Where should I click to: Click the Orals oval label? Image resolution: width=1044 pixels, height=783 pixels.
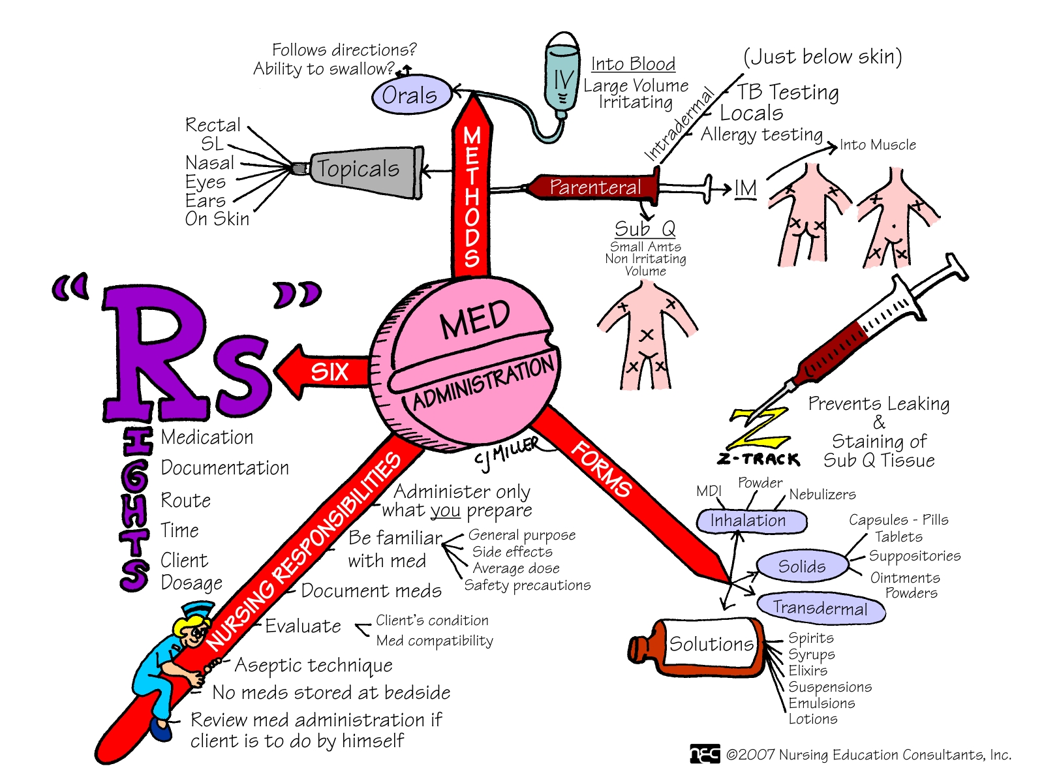pyautogui.click(x=411, y=94)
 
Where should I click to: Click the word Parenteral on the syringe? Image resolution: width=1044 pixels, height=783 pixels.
pyautogui.click(x=595, y=187)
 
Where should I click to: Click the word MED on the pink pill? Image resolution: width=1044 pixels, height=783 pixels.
pyautogui.click(x=474, y=320)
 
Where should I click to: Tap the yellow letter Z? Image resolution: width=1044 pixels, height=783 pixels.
pyautogui.click(x=759, y=428)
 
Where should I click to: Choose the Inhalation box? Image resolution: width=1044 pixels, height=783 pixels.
pyautogui.click(x=752, y=521)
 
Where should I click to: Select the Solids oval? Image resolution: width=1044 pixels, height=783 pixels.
pyautogui.click(x=802, y=566)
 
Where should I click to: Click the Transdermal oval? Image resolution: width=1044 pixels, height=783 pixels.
pyautogui.click(x=820, y=607)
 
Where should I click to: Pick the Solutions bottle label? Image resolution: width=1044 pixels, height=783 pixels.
pyautogui.click(x=711, y=644)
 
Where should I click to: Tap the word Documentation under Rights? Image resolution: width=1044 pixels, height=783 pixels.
pyautogui.click(x=224, y=468)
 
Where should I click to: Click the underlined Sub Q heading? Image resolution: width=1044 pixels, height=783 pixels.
pyautogui.click(x=645, y=228)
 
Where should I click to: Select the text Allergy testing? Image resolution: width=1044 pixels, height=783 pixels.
pyautogui.click(x=761, y=134)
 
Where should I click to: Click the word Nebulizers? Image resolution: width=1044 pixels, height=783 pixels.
pyautogui.click(x=822, y=495)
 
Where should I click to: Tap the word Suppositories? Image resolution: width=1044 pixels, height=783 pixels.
pyautogui.click(x=915, y=556)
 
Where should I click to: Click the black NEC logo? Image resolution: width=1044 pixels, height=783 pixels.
pyautogui.click(x=705, y=754)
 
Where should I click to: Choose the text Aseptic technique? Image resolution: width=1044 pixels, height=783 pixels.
pyautogui.click(x=314, y=665)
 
